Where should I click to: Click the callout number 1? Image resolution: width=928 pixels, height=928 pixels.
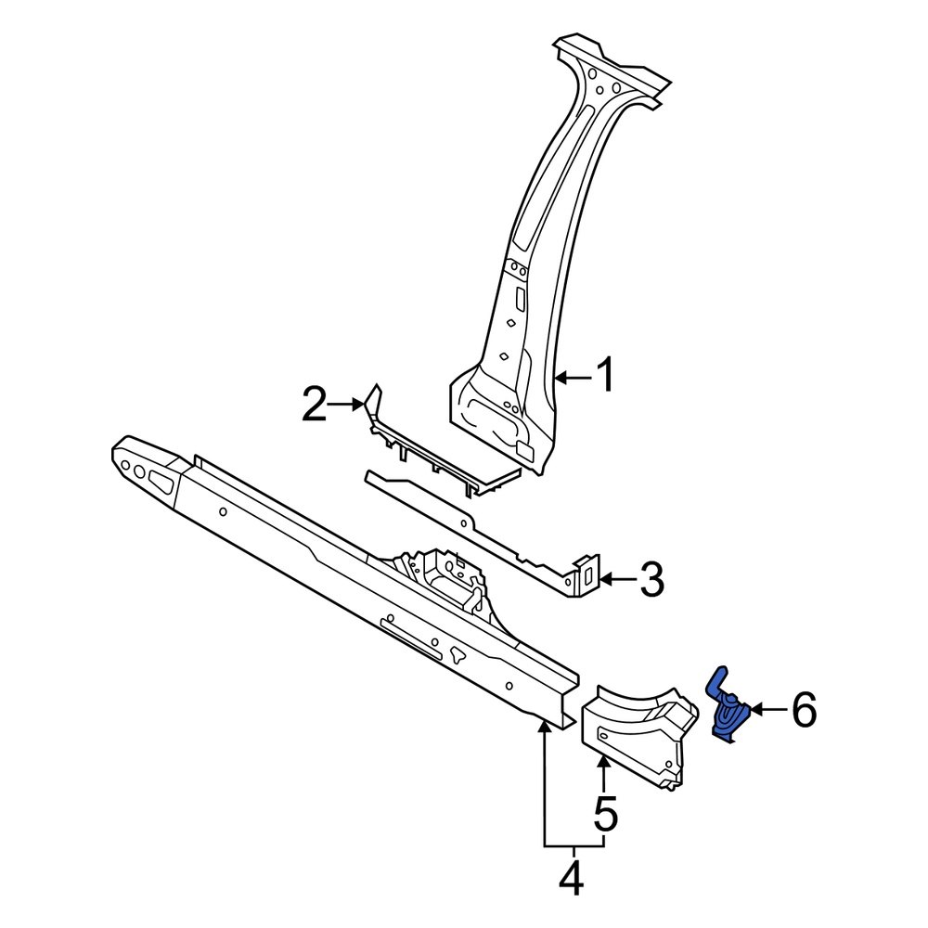tap(604, 378)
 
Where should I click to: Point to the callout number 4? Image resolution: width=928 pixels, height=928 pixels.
tap(573, 878)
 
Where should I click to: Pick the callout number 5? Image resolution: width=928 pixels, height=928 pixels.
tap(605, 815)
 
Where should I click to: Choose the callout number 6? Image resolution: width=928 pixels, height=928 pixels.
tap(804, 711)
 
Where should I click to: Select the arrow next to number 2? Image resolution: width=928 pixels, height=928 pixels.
tap(351, 404)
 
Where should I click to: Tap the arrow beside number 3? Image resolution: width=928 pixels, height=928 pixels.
tap(616, 581)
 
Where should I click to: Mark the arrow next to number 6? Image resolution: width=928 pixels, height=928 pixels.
tap(767, 711)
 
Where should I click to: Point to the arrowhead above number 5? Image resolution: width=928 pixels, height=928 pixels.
tap(604, 764)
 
